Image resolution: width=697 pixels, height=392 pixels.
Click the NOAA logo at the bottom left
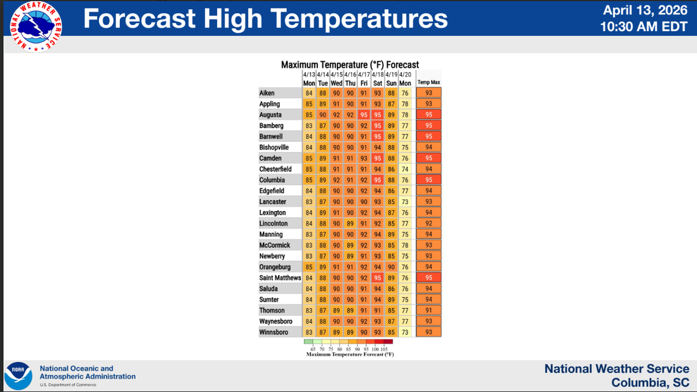(x=18, y=375)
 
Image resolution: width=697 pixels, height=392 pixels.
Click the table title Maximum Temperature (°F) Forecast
(x=350, y=65)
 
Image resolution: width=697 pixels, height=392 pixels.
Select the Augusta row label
(x=270, y=115)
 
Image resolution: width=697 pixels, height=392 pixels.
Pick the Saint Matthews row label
(x=280, y=278)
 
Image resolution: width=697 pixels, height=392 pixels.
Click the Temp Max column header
(x=429, y=83)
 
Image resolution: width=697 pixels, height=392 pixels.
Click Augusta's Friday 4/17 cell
(x=364, y=115)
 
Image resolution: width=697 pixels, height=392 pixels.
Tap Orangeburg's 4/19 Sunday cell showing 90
(x=391, y=267)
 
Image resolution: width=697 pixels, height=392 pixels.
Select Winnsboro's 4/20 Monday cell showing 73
(x=405, y=333)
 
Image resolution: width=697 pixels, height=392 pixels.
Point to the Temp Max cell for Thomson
(x=429, y=311)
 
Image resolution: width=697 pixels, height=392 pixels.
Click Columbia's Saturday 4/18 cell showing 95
(x=378, y=180)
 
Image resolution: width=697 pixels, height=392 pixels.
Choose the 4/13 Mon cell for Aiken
(x=309, y=93)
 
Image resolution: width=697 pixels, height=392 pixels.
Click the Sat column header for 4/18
(x=378, y=83)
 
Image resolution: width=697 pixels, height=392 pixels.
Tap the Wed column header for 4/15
(x=336, y=83)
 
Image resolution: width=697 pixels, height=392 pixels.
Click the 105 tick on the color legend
(x=391, y=349)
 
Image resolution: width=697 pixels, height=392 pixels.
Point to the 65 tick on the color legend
(x=313, y=349)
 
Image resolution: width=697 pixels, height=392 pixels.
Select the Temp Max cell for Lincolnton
(x=429, y=224)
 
